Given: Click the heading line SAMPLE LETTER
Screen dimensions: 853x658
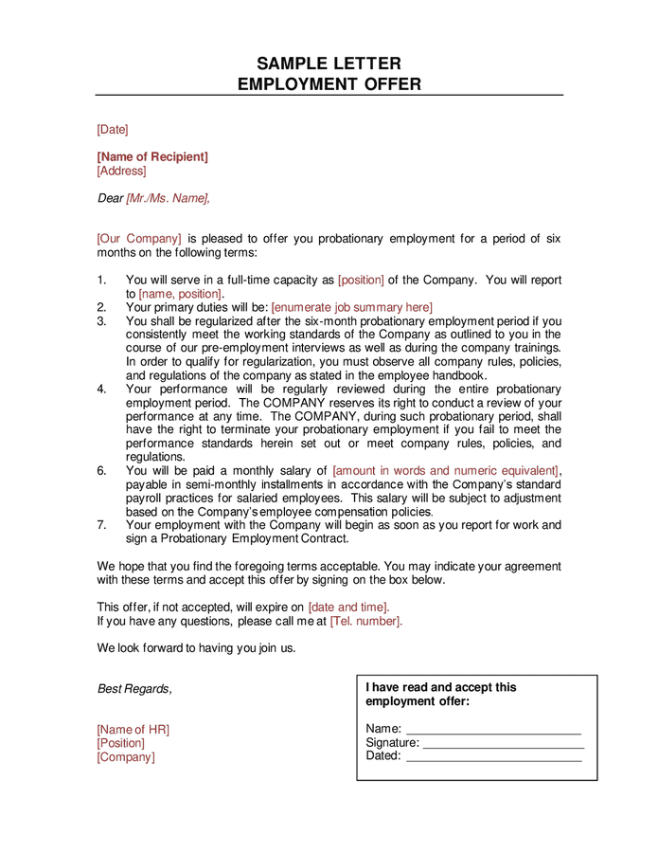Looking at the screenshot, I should point(329,64).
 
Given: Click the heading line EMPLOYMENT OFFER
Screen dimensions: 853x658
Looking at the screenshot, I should point(329,84).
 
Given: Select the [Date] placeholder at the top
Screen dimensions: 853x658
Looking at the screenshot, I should point(112,129).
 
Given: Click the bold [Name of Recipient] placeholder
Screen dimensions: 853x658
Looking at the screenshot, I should point(152,156).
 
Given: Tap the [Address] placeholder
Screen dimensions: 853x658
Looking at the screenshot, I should point(121,171).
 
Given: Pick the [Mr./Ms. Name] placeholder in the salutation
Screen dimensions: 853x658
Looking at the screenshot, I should point(169,198).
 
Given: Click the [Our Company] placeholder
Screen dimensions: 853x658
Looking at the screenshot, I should point(139,239).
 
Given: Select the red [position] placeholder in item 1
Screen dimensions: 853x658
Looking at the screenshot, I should point(361,281).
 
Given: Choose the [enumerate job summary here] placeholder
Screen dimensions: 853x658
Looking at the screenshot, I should point(351,307).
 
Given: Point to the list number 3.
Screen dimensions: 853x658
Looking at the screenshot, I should point(101,321).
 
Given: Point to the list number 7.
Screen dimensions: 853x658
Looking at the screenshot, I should point(101,524).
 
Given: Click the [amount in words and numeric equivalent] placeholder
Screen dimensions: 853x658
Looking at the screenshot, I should point(445,470).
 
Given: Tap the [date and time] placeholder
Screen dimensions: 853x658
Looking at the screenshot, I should point(347,607).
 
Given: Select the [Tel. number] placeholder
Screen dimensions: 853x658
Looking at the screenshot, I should point(365,621).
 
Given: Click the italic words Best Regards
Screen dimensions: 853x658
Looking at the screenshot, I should point(134,689).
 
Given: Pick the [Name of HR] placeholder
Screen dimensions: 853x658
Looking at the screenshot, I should point(133,729).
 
